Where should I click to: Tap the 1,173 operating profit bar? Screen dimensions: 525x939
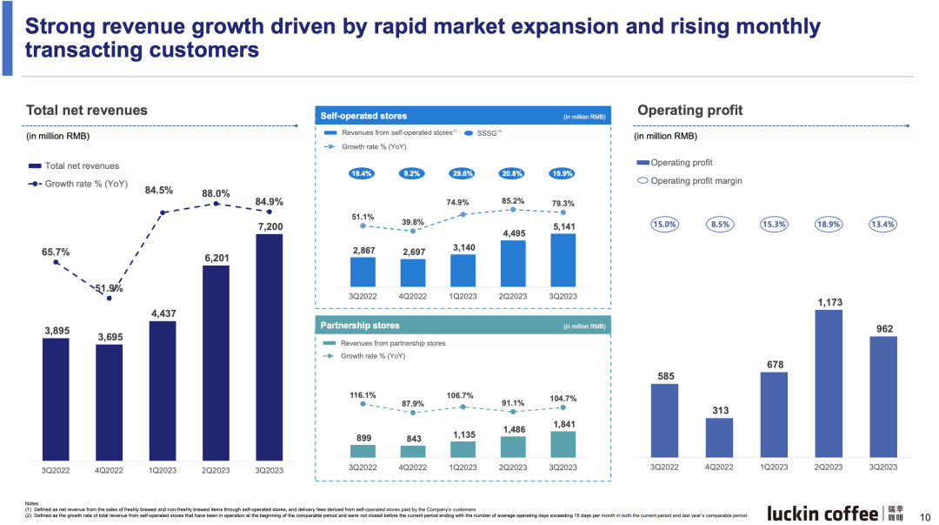click(829, 383)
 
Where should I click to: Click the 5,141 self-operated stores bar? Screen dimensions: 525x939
click(563, 260)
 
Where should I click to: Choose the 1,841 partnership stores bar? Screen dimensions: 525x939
click(563, 444)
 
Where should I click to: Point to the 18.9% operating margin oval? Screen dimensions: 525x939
click(829, 224)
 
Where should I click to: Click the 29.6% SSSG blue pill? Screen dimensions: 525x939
click(463, 173)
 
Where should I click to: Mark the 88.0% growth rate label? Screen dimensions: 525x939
click(216, 193)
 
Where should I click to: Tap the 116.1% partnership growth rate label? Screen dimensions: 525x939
click(363, 395)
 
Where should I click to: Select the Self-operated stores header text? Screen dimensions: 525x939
click(363, 116)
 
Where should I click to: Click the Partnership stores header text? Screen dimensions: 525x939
click(360, 326)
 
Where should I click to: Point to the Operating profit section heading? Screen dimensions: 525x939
click(689, 111)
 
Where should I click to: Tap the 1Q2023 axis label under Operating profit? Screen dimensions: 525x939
click(774, 468)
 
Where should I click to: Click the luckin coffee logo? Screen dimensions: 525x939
click(822, 513)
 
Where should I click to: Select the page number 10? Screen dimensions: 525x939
click(925, 515)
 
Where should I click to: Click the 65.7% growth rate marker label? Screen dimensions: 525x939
click(56, 252)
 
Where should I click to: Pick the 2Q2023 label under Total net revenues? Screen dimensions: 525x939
click(216, 470)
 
